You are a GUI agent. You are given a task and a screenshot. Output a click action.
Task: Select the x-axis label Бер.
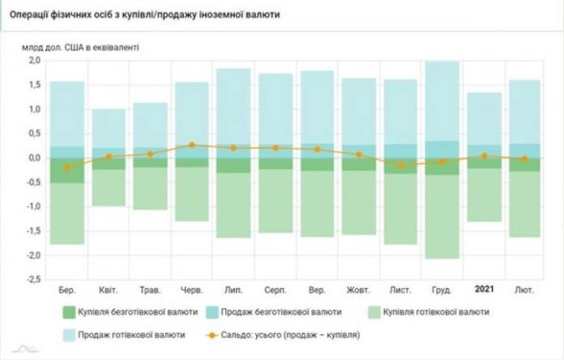(68, 289)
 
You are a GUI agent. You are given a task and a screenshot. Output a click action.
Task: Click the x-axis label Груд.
(442, 289)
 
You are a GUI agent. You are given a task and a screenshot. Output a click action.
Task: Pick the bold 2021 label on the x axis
(485, 289)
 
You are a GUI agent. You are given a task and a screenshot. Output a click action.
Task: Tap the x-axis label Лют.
(524, 289)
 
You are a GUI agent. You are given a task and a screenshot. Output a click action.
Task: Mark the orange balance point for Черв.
(192, 145)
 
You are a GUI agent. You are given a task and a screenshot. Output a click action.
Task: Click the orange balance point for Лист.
(400, 165)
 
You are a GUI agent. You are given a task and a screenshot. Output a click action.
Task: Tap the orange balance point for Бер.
(68, 168)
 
